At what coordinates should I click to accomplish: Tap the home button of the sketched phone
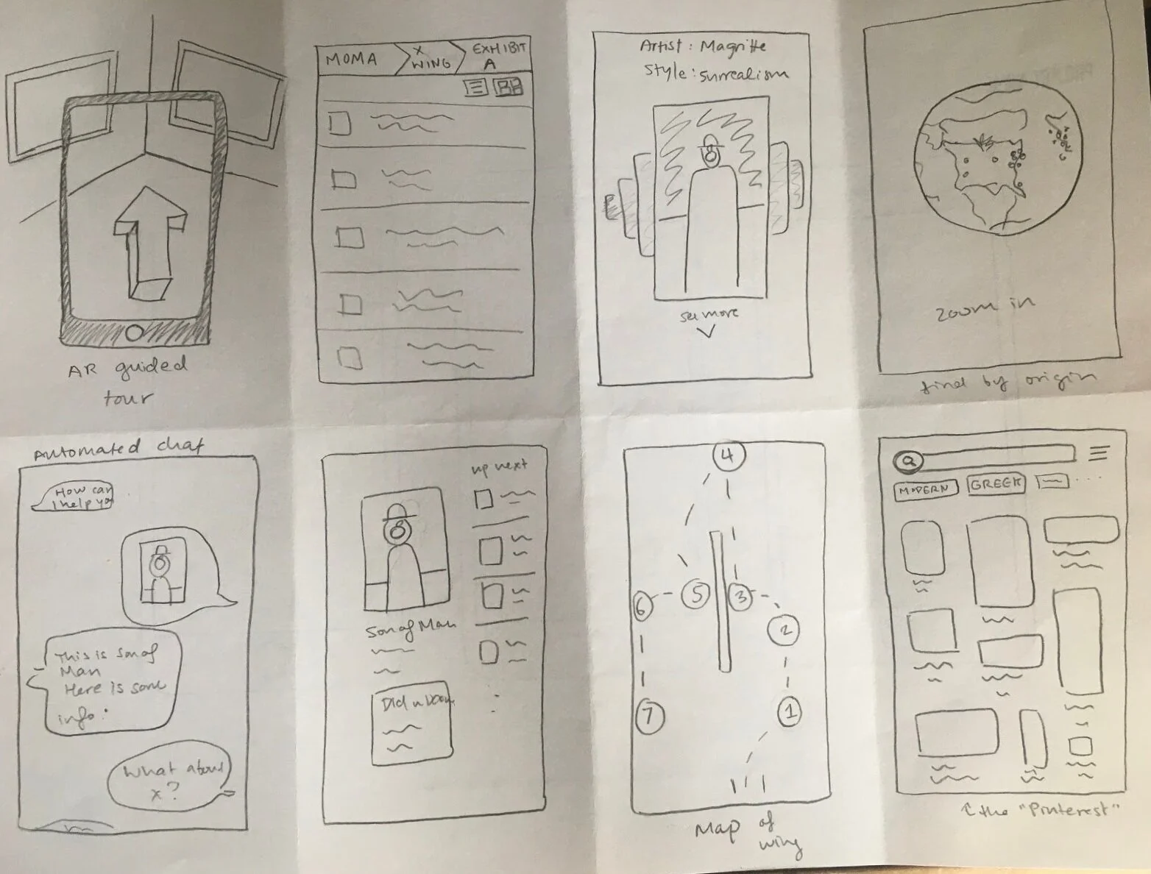pos(134,333)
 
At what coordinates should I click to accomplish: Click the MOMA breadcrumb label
pos(351,60)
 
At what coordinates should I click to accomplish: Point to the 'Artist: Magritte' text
pos(702,47)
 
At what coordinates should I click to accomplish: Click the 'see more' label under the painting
pos(709,314)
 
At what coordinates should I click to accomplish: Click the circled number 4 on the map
pos(727,456)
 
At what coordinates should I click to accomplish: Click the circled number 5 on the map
pos(695,595)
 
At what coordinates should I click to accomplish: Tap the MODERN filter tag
pos(925,489)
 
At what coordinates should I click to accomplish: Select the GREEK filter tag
pos(996,484)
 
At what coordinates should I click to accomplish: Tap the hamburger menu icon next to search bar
pos(1098,453)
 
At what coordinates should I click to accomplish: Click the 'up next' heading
pos(500,466)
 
